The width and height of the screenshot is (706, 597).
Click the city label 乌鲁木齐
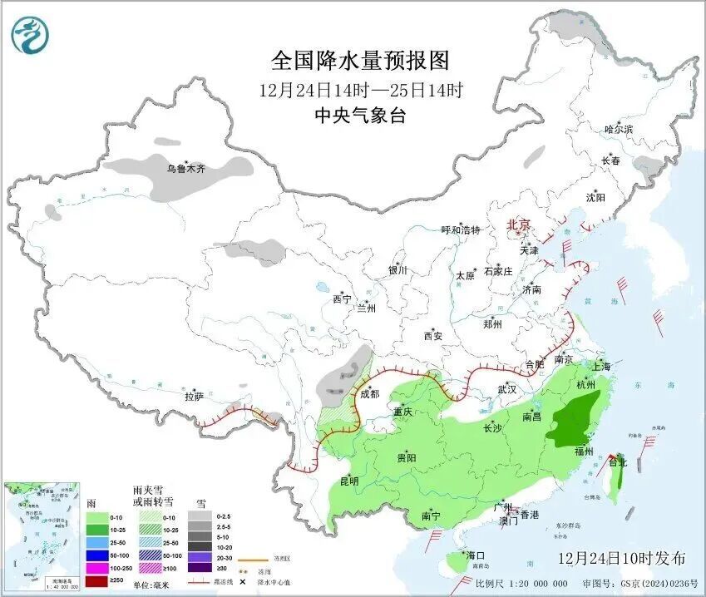(185, 169)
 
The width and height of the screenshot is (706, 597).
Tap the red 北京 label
(519, 225)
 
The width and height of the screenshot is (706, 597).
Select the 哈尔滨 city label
(619, 129)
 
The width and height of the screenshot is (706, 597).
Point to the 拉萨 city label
(194, 397)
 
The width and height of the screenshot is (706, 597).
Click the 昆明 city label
(348, 481)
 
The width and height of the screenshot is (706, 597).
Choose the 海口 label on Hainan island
(475, 555)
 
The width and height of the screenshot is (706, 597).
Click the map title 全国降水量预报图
(360, 61)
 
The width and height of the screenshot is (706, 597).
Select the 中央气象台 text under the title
(360, 116)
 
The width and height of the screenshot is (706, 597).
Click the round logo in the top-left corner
(30, 34)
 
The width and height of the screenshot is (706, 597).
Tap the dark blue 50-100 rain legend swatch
(97, 555)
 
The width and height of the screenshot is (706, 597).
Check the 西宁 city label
(342, 299)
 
